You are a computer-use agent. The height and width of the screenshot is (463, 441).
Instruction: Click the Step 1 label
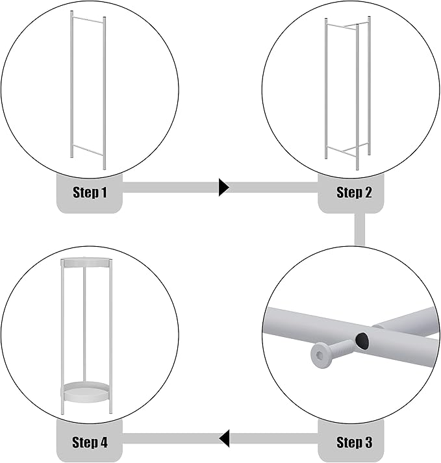[x=90, y=192]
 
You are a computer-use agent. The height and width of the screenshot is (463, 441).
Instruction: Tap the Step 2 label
[x=354, y=192]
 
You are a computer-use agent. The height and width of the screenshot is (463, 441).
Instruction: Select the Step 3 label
[x=354, y=442]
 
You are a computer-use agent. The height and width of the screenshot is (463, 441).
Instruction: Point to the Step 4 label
[x=90, y=442]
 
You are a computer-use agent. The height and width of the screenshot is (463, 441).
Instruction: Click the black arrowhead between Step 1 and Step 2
[x=223, y=187]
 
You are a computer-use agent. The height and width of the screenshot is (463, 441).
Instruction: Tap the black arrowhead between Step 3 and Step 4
[x=224, y=439]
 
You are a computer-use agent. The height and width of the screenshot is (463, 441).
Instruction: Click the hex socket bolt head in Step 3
[x=320, y=355]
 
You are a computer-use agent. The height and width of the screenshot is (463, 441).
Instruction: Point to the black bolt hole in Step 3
[x=362, y=340]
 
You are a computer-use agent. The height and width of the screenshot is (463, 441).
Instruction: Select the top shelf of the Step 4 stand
[x=86, y=263]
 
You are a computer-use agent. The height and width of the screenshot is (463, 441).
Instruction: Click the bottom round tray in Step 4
[x=86, y=392]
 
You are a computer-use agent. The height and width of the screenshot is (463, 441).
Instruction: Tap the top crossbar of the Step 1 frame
[x=88, y=19]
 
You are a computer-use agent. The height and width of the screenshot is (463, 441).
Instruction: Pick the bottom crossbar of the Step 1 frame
[x=88, y=149]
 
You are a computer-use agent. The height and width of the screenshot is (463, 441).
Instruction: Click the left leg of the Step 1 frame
[x=71, y=84]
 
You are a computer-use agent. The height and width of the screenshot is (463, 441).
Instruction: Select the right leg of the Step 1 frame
[x=105, y=94]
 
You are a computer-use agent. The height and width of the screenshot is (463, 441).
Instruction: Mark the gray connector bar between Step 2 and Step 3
[x=359, y=229]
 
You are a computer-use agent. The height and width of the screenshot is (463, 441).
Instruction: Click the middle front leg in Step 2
[x=357, y=97]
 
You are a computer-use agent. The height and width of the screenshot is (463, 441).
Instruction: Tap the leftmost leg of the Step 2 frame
[x=326, y=88]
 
